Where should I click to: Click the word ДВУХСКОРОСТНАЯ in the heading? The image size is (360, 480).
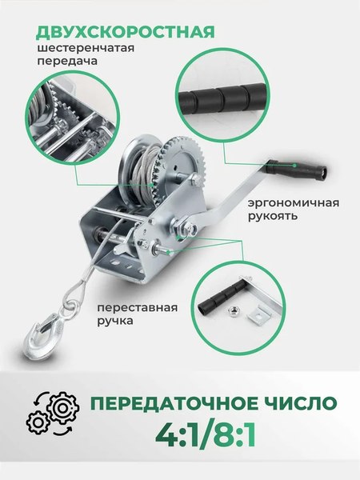[125, 32]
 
